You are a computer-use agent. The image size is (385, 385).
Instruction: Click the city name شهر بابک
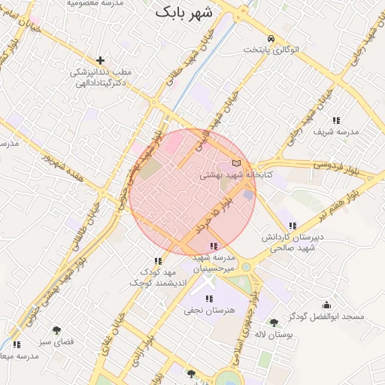pyautogui.click(x=184, y=13)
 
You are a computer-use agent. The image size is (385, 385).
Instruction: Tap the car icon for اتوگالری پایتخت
pyautogui.click(x=271, y=38)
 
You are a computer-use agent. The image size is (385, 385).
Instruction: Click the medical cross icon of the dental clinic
pyautogui.click(x=100, y=59)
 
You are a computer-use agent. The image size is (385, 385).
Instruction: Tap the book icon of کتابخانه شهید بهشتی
pyautogui.click(x=238, y=163)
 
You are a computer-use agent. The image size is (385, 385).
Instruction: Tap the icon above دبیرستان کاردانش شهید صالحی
pyautogui.click(x=293, y=226)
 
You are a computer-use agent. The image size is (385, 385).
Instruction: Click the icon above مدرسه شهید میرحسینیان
pyautogui.click(x=214, y=246)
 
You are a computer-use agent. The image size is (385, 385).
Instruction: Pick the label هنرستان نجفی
pyautogui.click(x=208, y=310)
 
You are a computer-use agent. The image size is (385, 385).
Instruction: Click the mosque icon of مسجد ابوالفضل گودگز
pyautogui.click(x=326, y=305)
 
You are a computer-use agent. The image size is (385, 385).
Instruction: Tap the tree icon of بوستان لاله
pyautogui.click(x=274, y=323)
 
